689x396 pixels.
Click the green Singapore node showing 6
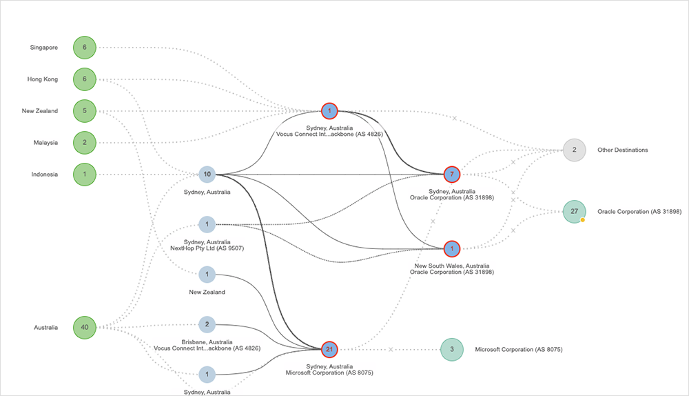pos(85,48)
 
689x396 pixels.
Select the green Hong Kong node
pos(85,79)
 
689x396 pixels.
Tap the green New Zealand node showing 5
pos(85,111)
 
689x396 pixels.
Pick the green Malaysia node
pos(85,143)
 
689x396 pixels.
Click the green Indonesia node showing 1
pos(85,175)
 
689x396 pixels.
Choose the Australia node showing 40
pos(85,327)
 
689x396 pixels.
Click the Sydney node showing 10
pos(207,175)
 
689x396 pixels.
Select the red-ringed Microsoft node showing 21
pos(329,349)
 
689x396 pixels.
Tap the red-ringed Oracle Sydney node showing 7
pos(451,175)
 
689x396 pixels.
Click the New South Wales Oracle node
pos(451,248)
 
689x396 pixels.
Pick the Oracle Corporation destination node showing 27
pos(574,212)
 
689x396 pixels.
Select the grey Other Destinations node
pos(574,150)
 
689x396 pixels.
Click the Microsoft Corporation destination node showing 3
pos(451,350)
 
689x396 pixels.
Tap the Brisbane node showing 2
pos(207,325)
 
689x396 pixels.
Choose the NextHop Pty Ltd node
pos(207,224)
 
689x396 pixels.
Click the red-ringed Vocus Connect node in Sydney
pos(329,111)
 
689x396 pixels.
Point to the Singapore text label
pos(44,48)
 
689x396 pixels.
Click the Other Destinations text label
pos(622,150)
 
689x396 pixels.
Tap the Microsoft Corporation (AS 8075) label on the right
pos(519,350)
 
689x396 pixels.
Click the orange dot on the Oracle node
pos(583,220)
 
